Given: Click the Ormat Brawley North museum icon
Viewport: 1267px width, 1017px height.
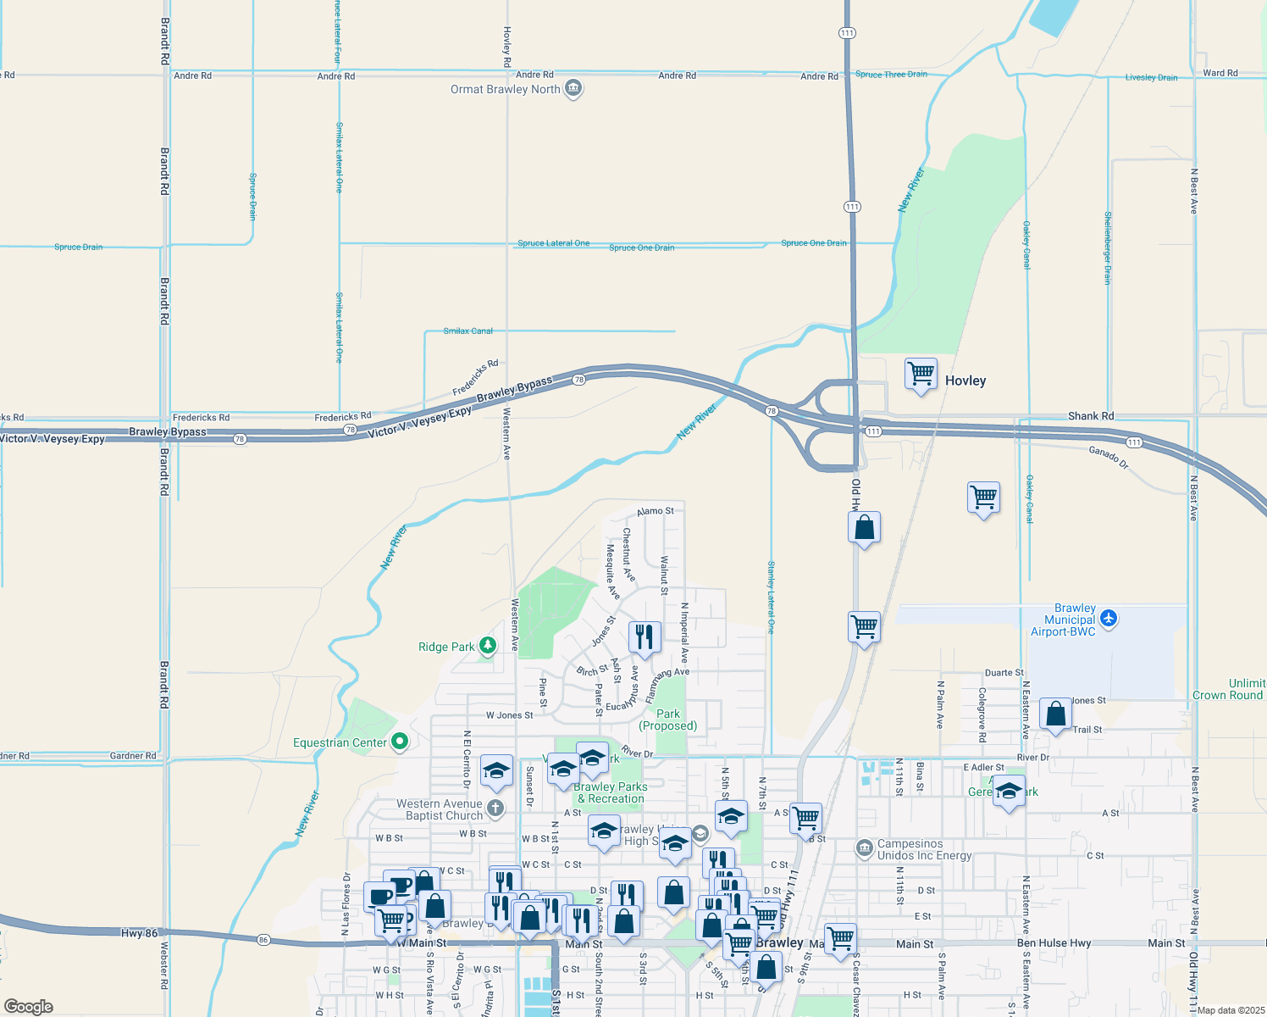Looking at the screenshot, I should coord(573,88).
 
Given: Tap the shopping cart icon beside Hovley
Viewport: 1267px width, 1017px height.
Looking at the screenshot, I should coord(921,373).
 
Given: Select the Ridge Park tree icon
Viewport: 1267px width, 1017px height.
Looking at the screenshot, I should coord(488,647).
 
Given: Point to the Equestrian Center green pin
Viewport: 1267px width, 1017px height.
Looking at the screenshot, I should coord(401,742).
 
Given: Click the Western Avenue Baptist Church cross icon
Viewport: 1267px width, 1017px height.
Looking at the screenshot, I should coord(495,809).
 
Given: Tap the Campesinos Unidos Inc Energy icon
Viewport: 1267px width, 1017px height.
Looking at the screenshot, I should coord(864,848).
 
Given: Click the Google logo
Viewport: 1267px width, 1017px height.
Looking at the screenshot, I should coord(28,1006).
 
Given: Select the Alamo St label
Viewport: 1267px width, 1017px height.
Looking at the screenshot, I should coord(656,511).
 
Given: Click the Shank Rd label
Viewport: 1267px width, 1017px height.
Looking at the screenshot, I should coord(1091,416).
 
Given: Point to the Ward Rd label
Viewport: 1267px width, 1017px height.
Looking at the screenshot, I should coord(1220,73).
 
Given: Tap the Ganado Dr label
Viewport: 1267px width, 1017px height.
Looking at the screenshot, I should coord(1109,457).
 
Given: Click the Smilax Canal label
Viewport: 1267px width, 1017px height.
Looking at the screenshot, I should coord(468,331).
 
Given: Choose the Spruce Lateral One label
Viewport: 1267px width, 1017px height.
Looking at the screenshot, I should coord(553,243).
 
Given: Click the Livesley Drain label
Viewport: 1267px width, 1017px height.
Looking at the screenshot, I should coord(1151,77).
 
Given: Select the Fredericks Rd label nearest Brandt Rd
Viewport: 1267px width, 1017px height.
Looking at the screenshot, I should coord(201,417).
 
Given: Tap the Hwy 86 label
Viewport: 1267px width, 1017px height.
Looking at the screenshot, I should coord(139,933).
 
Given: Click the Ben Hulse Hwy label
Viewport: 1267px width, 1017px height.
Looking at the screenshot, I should coord(1054,942).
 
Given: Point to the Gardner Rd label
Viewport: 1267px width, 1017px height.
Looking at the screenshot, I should coord(133,755).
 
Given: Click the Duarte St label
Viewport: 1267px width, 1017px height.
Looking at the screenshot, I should coord(1004,673).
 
